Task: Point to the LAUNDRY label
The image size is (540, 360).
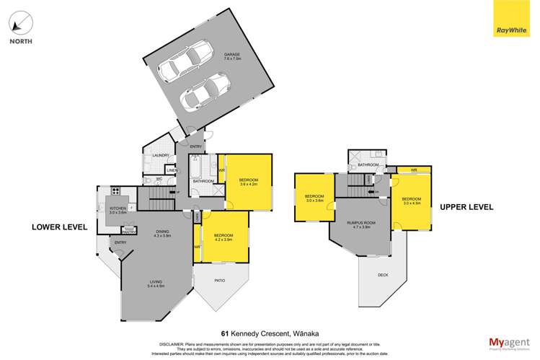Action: click(x=161, y=155)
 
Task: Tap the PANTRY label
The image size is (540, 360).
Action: click(x=128, y=232)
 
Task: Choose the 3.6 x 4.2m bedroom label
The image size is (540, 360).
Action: click(x=247, y=181)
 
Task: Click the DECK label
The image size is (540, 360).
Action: click(x=381, y=275)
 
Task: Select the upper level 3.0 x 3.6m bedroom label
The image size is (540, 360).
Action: click(x=314, y=198)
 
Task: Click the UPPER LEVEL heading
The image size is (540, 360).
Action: click(x=466, y=207)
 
